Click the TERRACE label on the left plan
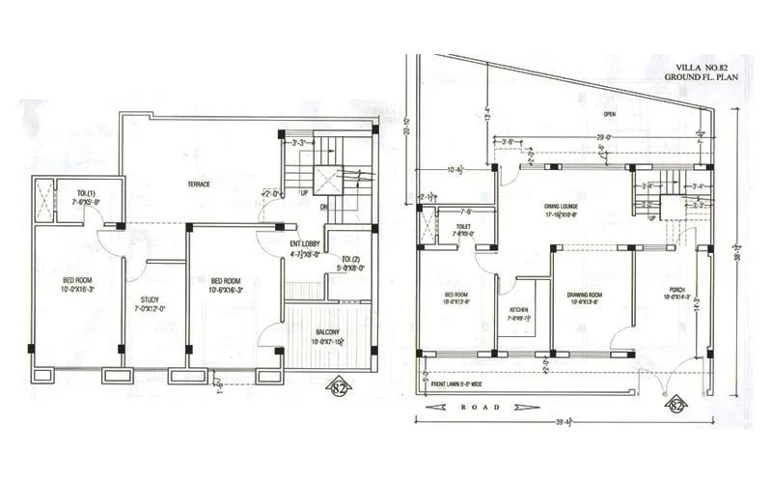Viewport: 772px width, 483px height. [x=200, y=184]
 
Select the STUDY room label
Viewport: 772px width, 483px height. [x=150, y=299]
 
